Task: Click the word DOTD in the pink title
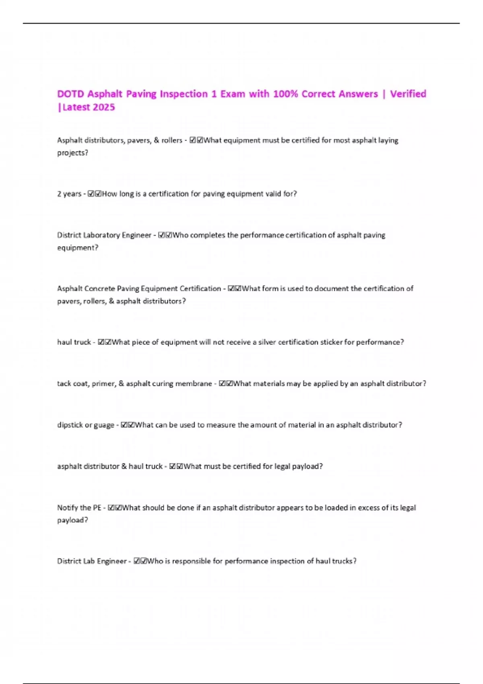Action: click(x=70, y=94)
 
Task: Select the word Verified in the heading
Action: click(x=408, y=94)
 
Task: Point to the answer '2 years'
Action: click(x=69, y=194)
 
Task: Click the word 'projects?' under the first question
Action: click(x=72, y=153)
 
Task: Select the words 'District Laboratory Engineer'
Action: click(x=104, y=235)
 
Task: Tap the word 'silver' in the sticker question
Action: click(x=267, y=342)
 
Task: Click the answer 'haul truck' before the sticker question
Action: click(x=74, y=342)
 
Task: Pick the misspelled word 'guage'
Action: click(x=104, y=425)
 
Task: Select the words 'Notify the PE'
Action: click(x=79, y=508)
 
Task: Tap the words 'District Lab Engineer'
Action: click(x=92, y=561)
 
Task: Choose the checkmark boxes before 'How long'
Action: click(x=95, y=194)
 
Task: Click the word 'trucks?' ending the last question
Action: click(x=344, y=561)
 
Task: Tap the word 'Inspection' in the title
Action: click(x=184, y=94)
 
